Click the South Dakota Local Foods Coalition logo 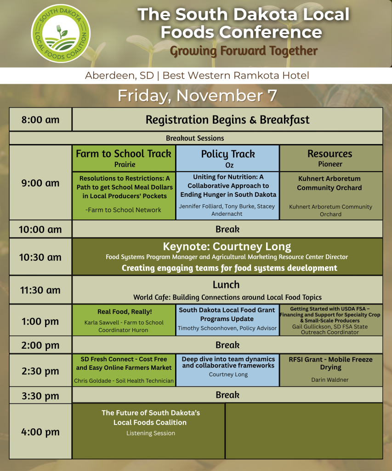click(x=61, y=34)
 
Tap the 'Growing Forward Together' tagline click(x=244, y=51)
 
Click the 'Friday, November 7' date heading click(x=197, y=96)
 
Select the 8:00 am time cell click(x=40, y=120)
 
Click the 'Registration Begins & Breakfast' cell click(x=227, y=120)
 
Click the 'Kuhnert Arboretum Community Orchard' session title click(x=330, y=183)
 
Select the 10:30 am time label click(x=40, y=258)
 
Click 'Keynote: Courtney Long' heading click(x=227, y=247)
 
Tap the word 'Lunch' click(x=226, y=285)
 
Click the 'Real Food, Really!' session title click(x=125, y=312)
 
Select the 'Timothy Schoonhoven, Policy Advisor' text click(x=227, y=328)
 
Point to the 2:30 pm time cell click(x=40, y=370)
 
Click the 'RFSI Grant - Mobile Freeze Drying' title click(x=330, y=363)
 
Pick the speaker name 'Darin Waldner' click(x=330, y=379)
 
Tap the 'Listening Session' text click(x=151, y=433)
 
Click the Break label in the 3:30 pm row click(x=227, y=395)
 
